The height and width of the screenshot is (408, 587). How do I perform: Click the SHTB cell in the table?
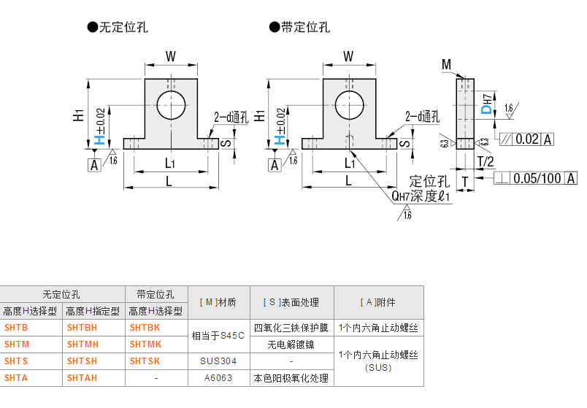(x=16, y=328)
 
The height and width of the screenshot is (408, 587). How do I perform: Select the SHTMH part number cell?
(x=82, y=344)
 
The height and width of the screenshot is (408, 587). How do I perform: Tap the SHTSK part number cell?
(x=145, y=361)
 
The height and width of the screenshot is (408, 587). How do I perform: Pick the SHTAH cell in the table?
(x=82, y=377)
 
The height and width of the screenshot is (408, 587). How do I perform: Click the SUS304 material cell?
(x=218, y=361)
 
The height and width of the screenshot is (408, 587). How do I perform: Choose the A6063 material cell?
(x=218, y=377)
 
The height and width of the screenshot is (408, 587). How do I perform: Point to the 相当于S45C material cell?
(x=218, y=336)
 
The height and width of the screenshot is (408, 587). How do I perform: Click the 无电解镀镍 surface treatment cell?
(x=291, y=344)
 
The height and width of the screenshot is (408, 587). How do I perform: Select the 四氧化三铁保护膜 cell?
(x=291, y=328)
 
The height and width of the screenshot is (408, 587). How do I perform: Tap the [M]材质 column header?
(x=218, y=302)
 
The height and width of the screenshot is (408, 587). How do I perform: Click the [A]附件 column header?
(x=378, y=302)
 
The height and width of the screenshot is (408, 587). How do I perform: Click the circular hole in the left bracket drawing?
(x=171, y=105)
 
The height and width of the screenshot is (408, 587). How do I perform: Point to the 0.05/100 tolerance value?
(x=537, y=178)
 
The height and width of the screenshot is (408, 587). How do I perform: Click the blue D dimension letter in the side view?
(x=486, y=109)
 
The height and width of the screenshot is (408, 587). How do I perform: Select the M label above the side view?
(x=446, y=66)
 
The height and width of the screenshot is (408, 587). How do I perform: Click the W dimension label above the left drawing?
(x=170, y=56)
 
